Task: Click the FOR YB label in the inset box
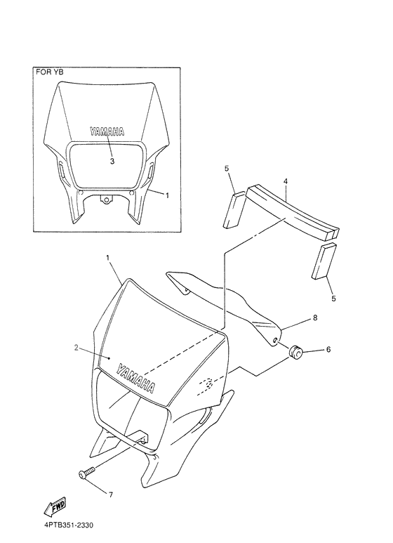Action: tap(50, 72)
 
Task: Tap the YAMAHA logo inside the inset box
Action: tap(106, 131)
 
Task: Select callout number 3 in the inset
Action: tap(112, 160)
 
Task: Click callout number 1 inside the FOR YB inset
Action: tap(166, 195)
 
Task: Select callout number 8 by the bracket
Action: tap(315, 318)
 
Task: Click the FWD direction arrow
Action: tap(55, 506)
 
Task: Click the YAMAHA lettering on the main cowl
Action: tap(138, 377)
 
